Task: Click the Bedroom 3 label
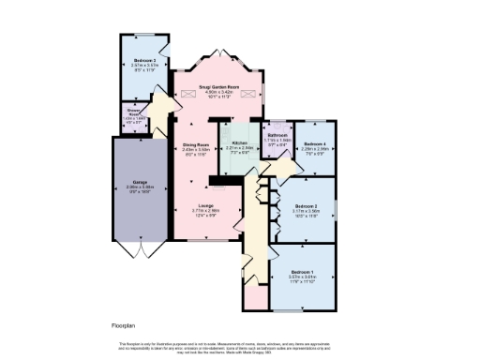(x=143, y=59)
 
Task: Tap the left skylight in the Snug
(x=188, y=92)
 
